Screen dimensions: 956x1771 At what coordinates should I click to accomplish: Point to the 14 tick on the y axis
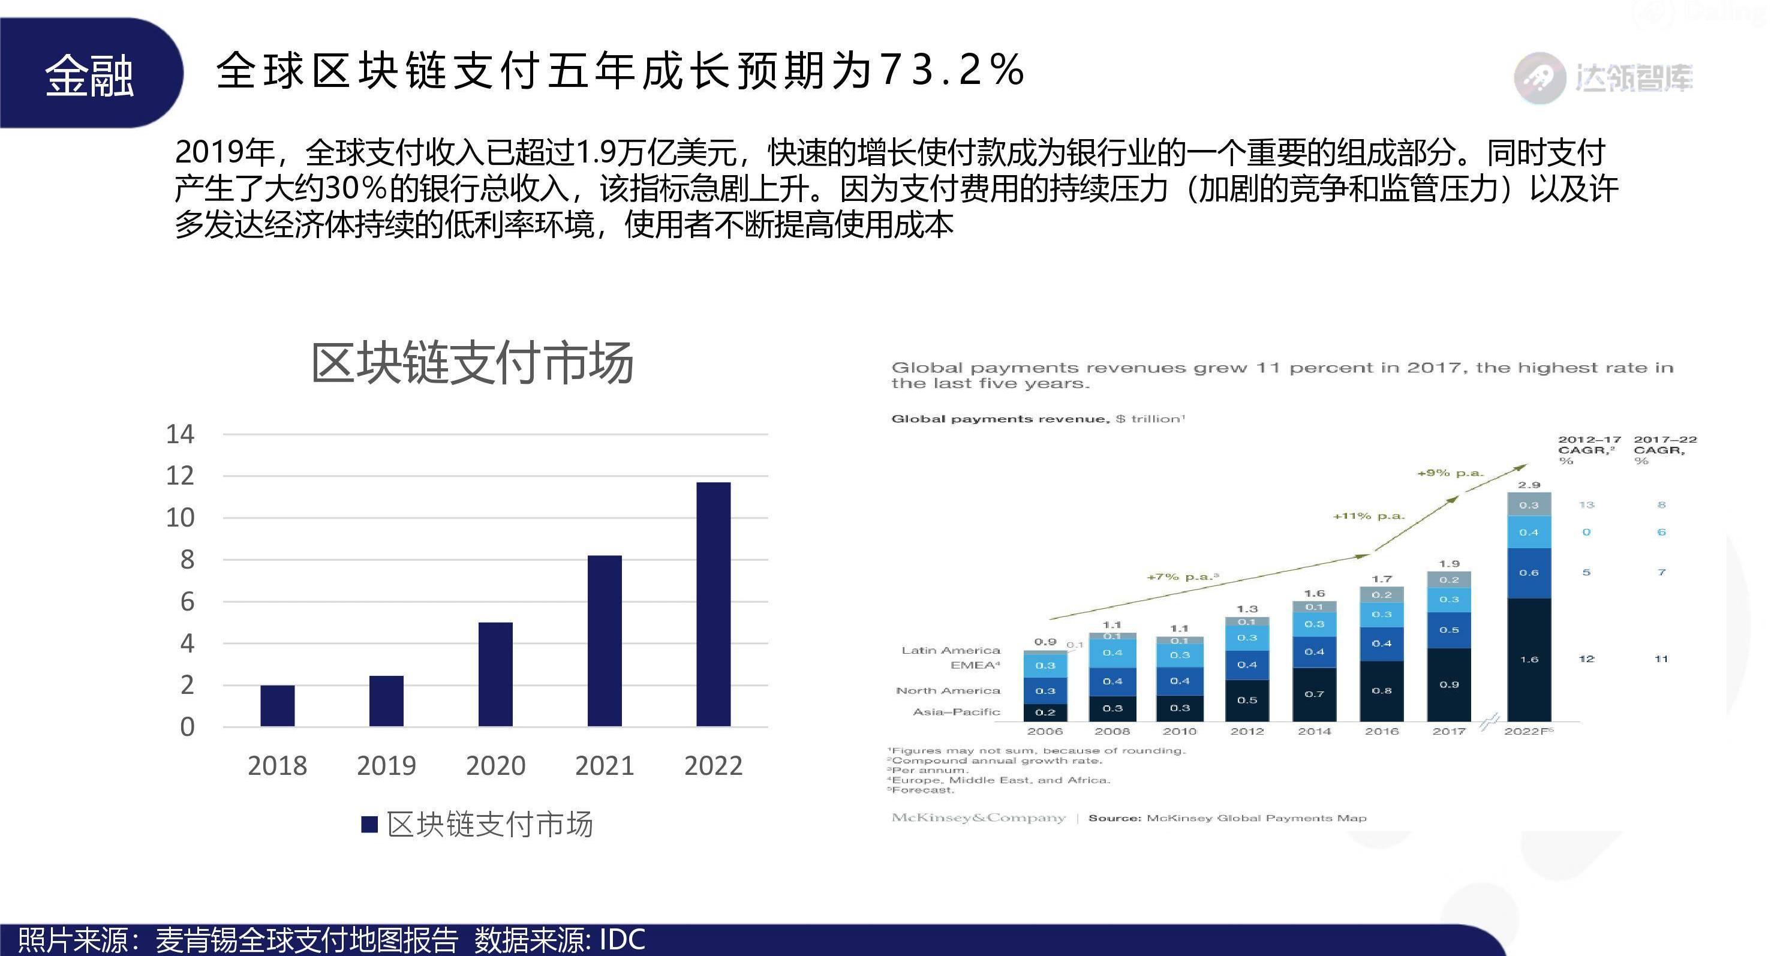(180, 434)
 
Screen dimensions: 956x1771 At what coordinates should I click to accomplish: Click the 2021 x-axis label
(605, 765)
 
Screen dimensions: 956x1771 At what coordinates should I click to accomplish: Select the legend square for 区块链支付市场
(370, 824)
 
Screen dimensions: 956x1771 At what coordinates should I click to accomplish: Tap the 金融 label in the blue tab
(89, 75)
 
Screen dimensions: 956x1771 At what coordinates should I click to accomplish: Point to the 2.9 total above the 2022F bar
(1529, 485)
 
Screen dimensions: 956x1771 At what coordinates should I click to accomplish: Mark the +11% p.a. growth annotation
(1369, 516)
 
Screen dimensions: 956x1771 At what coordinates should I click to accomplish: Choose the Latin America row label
(951, 650)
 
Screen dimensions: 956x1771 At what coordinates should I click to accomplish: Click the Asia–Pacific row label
(955, 712)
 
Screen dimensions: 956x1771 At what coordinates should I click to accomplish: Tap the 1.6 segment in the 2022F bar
(1529, 659)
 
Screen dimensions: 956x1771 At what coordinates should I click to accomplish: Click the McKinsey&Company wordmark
(978, 818)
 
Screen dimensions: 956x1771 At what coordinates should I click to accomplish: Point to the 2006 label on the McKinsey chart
(1044, 731)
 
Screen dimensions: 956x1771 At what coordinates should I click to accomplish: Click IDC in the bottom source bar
(622, 939)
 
